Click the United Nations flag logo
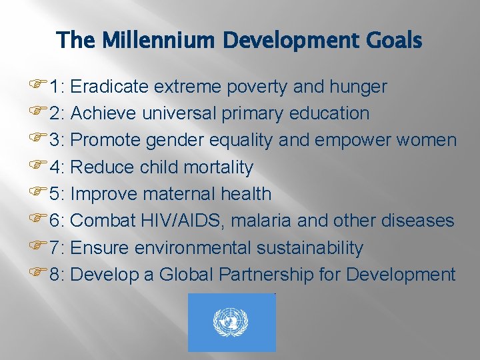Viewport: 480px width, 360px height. [x=231, y=323]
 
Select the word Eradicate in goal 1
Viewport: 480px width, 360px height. [x=109, y=87]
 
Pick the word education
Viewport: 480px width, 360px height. [x=329, y=113]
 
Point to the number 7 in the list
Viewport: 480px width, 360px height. [x=54, y=248]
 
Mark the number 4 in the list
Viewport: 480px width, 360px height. [x=54, y=167]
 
